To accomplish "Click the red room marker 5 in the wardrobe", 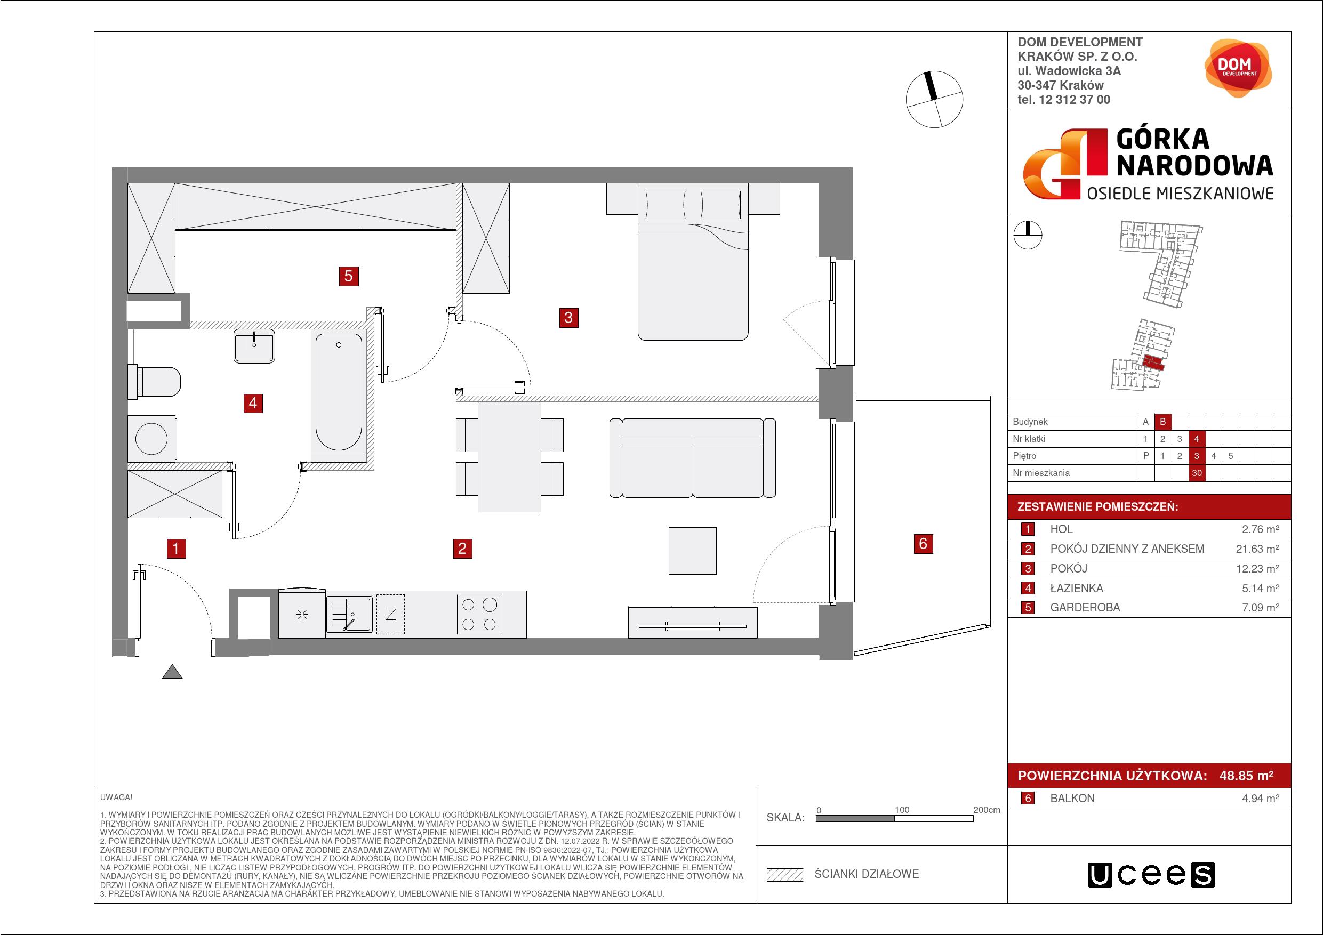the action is click(348, 277).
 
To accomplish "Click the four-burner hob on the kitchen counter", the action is click(479, 615).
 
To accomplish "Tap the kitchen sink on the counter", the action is click(349, 615).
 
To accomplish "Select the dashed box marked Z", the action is click(390, 614).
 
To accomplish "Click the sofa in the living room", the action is click(693, 458).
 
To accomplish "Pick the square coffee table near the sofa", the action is click(692, 551).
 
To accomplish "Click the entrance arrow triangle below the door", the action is click(172, 672).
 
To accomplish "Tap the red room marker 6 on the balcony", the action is click(923, 543).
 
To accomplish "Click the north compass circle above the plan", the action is click(934, 99).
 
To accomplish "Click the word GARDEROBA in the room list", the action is click(1085, 608).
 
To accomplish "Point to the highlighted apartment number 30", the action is click(1197, 473).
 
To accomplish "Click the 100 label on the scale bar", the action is click(902, 810).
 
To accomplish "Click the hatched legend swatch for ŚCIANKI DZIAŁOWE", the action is click(785, 875).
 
